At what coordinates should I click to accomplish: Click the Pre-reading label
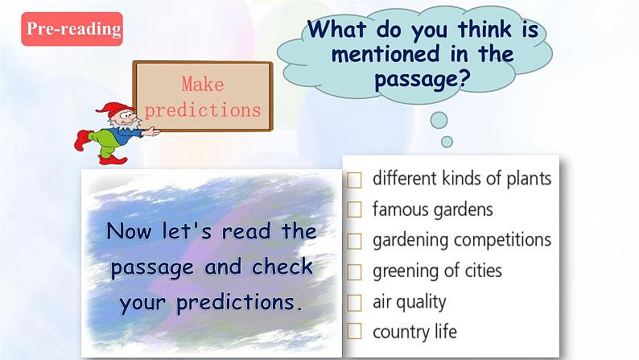72,29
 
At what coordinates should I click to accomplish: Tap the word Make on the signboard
202,85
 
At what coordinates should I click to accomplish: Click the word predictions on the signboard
202,110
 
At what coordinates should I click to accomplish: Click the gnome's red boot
80,142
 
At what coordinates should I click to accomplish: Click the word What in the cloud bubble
339,31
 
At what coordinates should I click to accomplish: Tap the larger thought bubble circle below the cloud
439,121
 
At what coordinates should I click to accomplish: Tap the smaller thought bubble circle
447,142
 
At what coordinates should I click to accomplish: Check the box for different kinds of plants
355,180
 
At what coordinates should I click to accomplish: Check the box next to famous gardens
355,210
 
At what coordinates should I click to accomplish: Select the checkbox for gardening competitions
355,241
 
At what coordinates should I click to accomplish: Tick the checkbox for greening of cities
355,271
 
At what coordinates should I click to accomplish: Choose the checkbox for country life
355,332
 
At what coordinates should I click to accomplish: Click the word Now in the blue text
130,232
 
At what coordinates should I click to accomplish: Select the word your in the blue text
145,302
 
